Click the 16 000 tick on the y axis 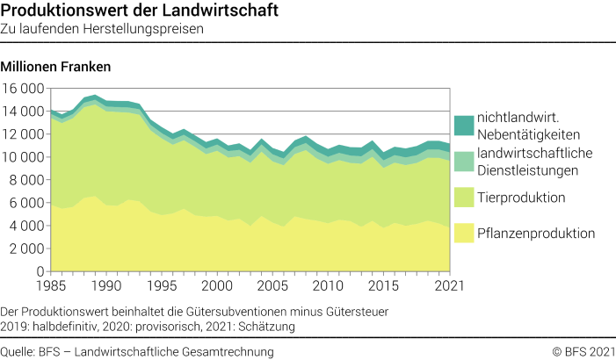click(x=24, y=89)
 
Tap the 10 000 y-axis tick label click(x=24, y=157)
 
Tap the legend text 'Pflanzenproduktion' click(x=536, y=233)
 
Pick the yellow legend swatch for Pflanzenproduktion click(x=464, y=233)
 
